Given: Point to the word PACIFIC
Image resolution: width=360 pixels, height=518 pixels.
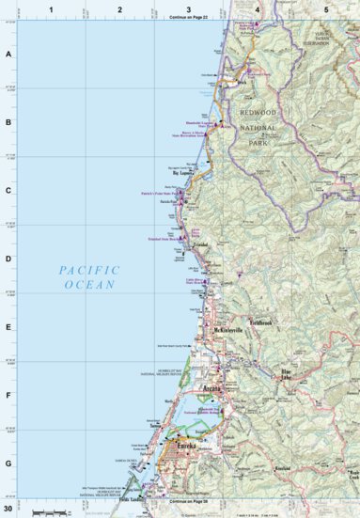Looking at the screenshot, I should [x=89, y=269].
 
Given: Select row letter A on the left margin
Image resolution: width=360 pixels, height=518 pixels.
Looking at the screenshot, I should [x=8, y=55].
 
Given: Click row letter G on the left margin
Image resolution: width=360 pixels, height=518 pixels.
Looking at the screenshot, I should [x=8, y=463].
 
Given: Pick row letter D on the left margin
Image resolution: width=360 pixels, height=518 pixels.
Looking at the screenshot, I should [x=8, y=259].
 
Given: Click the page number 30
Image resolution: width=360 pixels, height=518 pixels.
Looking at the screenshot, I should [x=8, y=509].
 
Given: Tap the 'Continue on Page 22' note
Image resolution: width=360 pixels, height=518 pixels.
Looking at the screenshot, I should [x=188, y=18].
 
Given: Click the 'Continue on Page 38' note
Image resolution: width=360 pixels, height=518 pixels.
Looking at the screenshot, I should [x=188, y=503].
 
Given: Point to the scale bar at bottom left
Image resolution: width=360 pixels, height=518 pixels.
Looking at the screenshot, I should [x=52, y=511].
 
